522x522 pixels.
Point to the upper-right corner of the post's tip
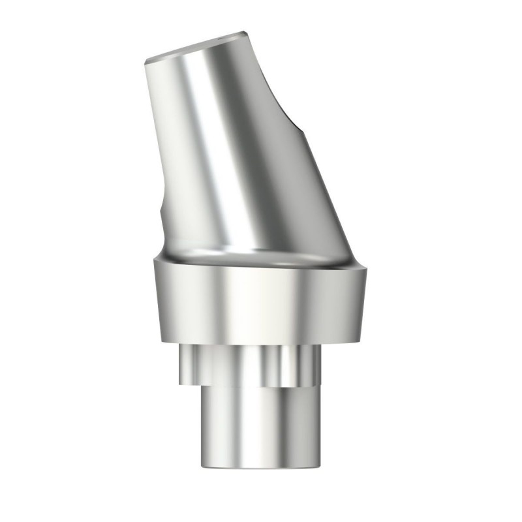[245, 32]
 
